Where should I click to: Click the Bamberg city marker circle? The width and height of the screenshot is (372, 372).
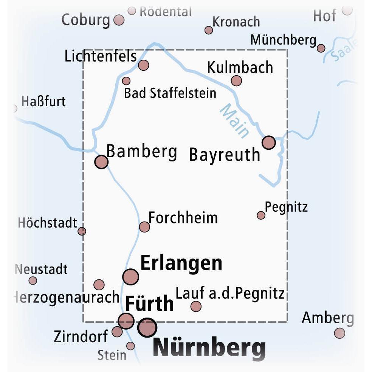[101, 162]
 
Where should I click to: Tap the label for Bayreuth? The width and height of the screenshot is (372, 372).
[225, 155]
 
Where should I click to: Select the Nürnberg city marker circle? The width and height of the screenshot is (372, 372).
[147, 327]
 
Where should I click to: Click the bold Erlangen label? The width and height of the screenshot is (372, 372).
[181, 263]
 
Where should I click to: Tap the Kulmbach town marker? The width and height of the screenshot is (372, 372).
[236, 81]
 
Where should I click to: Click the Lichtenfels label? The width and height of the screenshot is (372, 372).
[101, 56]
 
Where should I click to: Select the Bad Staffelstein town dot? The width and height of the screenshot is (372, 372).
[126, 81]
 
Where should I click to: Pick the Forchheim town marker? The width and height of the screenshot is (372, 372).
[144, 227]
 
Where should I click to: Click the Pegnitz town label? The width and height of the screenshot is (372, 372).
[286, 207]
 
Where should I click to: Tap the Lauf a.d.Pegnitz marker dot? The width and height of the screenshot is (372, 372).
[196, 306]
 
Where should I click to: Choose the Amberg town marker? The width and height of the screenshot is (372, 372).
[339, 333]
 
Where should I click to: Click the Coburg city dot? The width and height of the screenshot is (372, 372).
[119, 20]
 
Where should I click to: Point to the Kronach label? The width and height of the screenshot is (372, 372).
[236, 22]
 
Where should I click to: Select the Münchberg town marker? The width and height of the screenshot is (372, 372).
[321, 48]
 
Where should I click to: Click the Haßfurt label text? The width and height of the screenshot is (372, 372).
[43, 101]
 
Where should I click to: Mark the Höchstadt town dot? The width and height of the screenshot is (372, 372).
[82, 231]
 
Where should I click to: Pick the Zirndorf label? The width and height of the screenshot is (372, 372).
[81, 336]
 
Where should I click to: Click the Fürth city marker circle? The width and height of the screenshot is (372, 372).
[126, 321]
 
